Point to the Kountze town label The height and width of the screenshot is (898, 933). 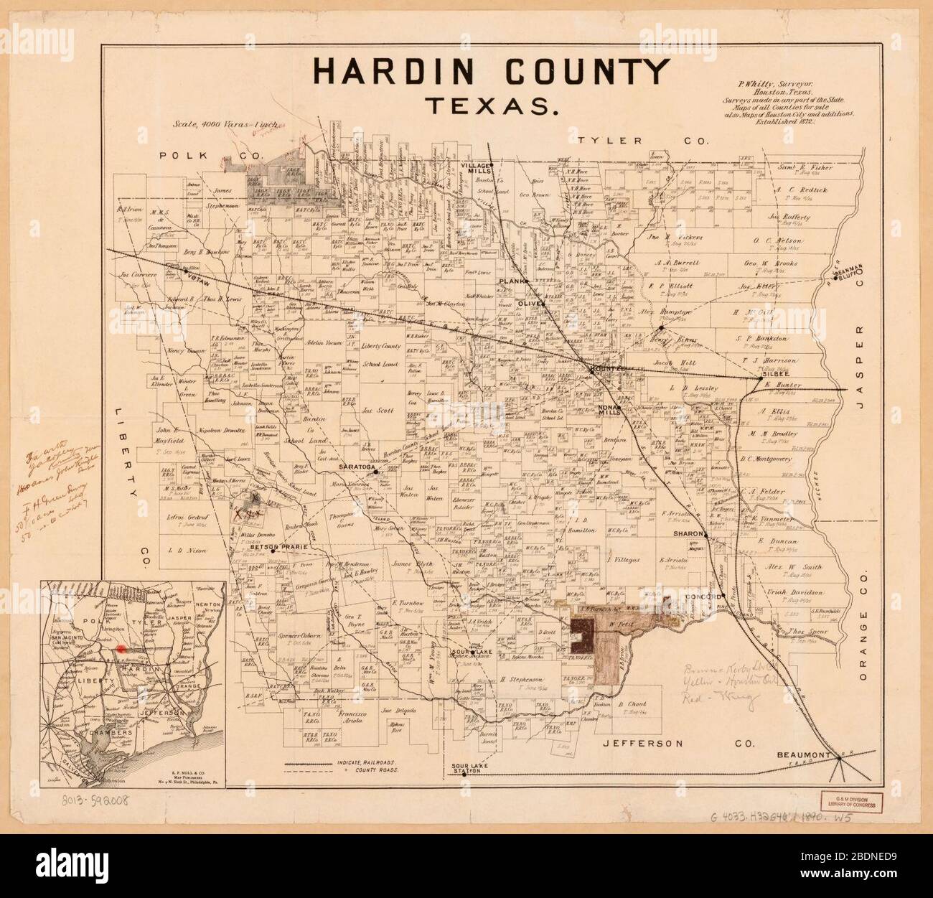pos(604,369)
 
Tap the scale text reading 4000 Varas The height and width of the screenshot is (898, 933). pos(208,123)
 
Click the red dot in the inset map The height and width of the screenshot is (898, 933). pos(121,647)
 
